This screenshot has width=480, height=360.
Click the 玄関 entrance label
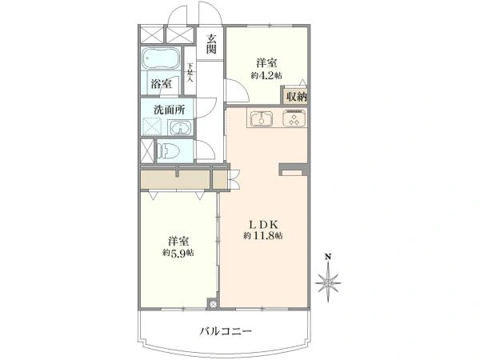point(211,44)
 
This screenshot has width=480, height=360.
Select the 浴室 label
point(161,83)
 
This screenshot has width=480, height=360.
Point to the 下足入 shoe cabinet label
point(190,72)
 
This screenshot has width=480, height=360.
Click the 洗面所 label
point(169,110)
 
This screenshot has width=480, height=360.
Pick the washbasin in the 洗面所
point(180,128)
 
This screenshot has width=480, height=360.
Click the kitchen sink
point(262,118)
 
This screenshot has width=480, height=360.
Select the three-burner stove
point(294,118)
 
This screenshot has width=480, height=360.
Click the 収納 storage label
point(296,97)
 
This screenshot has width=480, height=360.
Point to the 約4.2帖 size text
point(266,76)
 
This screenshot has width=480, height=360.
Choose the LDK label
point(263,225)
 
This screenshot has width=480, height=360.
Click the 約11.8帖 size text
point(263,236)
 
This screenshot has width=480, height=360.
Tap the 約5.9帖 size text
point(178,253)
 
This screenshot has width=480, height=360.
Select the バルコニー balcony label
point(226,331)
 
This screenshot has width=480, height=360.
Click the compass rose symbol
point(328,283)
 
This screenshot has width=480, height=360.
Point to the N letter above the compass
point(328,257)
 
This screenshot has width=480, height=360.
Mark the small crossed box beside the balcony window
point(213,304)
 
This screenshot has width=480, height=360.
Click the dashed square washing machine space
point(152,126)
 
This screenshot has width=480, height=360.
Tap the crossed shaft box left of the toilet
point(147,151)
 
